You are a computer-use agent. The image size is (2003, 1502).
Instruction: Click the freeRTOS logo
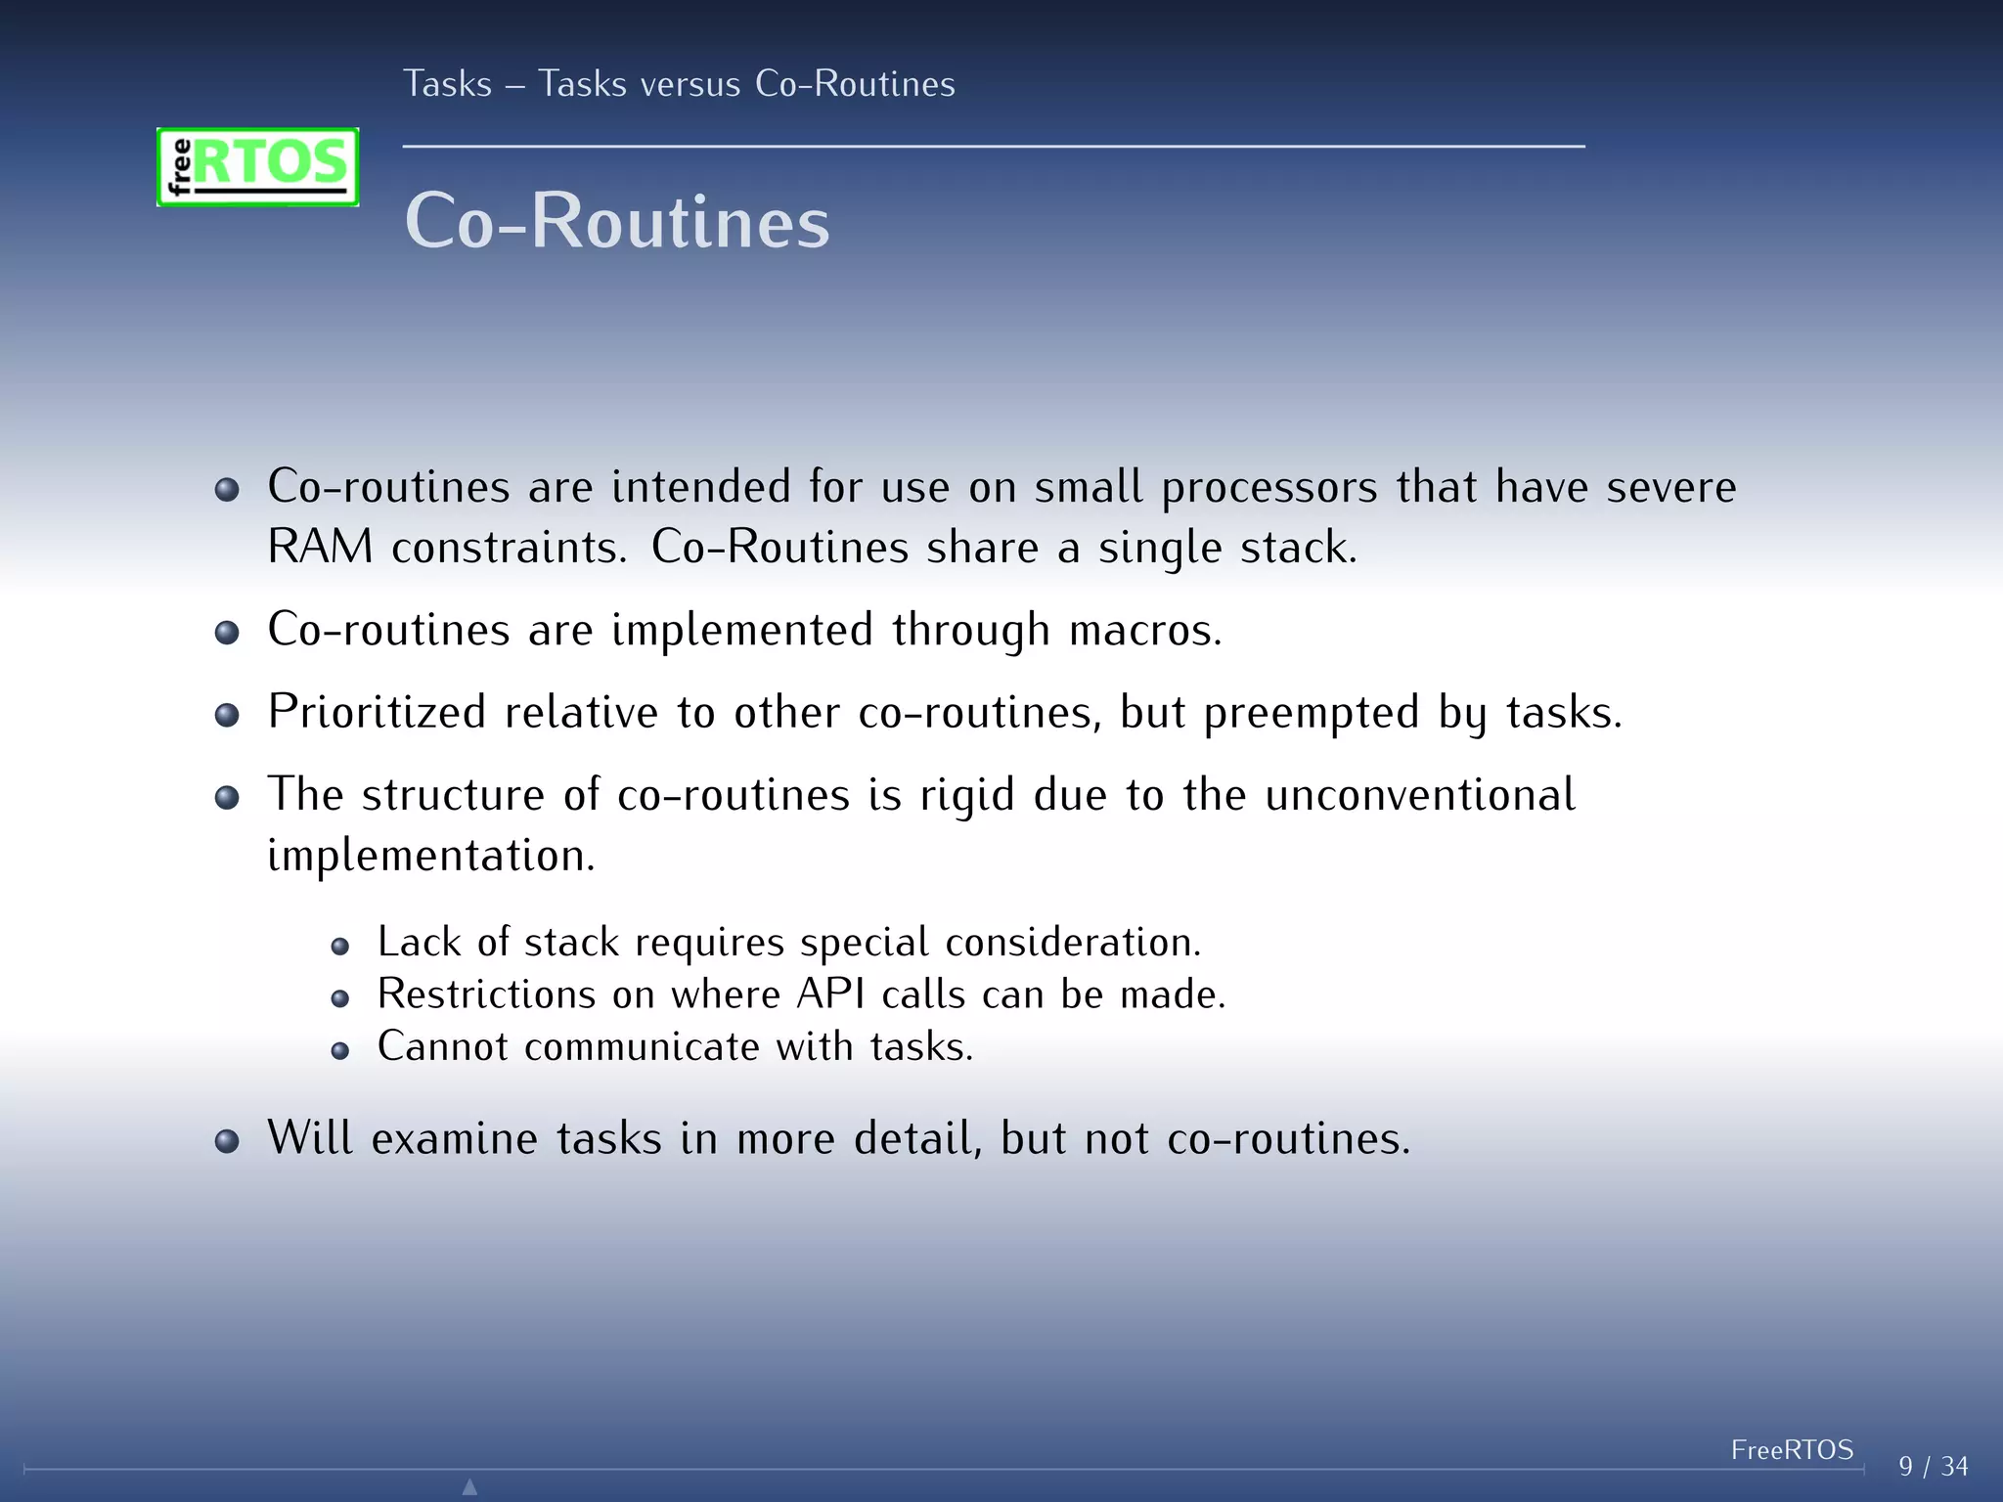click(257, 166)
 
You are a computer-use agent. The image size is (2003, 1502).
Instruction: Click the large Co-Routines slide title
click(617, 221)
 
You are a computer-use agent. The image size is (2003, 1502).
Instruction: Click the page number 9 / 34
click(1933, 1466)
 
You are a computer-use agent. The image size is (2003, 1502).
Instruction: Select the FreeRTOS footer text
click(1792, 1449)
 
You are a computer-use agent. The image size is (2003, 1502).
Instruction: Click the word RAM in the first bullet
click(320, 547)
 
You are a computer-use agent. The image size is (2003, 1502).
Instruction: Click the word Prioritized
click(377, 712)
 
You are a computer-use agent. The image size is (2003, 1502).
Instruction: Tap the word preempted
click(1311, 712)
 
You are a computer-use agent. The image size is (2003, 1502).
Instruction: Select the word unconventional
click(1419, 794)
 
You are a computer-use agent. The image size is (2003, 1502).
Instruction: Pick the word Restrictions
click(486, 994)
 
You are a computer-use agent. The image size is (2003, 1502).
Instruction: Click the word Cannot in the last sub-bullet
click(442, 1046)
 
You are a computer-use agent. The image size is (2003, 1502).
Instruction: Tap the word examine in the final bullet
click(454, 1138)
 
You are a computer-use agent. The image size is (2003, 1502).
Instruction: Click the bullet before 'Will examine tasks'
click(227, 1141)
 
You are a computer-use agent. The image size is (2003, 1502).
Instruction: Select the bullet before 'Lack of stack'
click(339, 946)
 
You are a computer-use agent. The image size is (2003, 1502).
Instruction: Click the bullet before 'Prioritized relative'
click(227, 715)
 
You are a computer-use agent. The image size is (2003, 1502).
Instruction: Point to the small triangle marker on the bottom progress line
click(469, 1486)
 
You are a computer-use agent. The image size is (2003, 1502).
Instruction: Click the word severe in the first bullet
click(1670, 487)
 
